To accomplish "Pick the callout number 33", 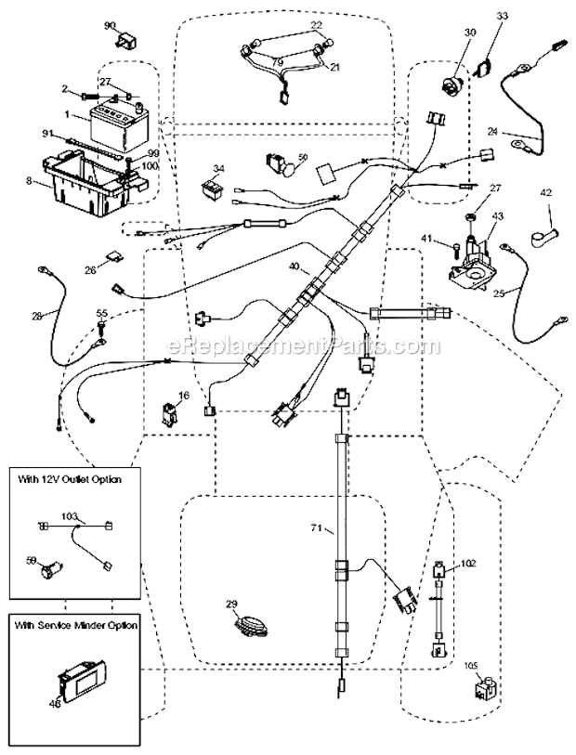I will coord(502,16).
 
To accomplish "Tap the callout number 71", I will coord(317,527).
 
